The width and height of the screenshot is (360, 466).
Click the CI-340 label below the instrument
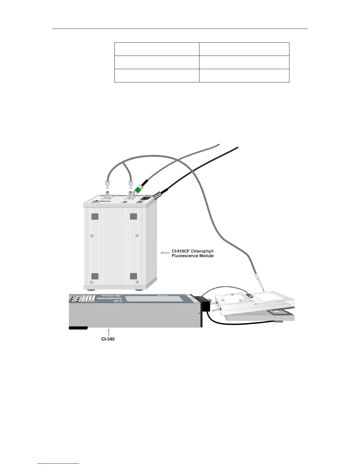point(106,339)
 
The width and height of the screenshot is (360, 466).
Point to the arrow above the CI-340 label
point(109,332)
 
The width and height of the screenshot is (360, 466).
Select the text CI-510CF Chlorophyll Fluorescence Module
point(192,254)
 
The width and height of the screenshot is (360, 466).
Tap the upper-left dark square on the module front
point(95,217)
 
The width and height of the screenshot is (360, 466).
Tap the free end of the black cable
point(237,147)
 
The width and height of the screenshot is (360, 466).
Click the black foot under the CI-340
point(78,328)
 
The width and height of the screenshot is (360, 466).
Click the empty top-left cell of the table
point(156,49)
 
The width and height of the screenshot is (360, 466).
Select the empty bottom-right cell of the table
point(244,76)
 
